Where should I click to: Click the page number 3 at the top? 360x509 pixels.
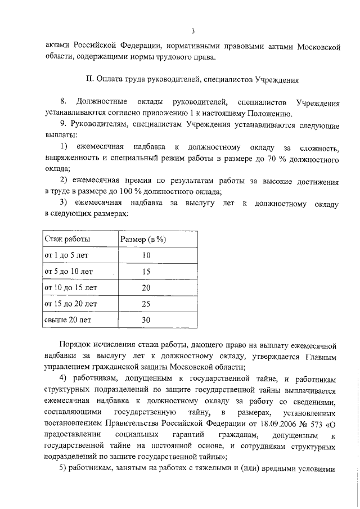coord(192,31)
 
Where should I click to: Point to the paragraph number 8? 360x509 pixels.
coord(63,101)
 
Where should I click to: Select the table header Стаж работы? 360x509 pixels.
coord(67,239)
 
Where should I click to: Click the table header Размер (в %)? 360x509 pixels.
coord(143,239)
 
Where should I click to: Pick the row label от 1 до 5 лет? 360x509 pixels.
coord(66,255)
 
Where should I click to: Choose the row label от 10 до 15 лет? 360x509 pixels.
coord(70,287)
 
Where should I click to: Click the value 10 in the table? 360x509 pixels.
coord(146,255)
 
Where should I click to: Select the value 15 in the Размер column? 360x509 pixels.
coord(146,272)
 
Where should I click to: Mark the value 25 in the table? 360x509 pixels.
coord(146,304)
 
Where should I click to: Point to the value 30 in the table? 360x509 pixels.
coord(146,320)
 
